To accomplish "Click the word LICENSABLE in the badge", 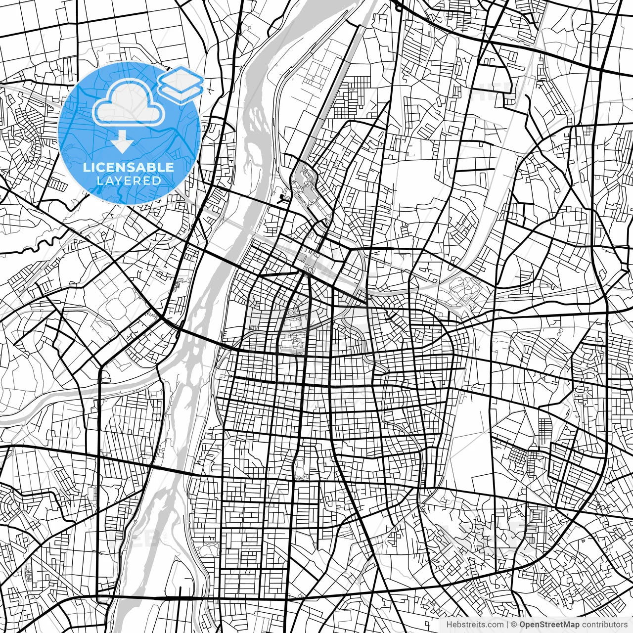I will pyautogui.click(x=129, y=167).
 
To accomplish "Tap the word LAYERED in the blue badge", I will pyautogui.click(x=129, y=181).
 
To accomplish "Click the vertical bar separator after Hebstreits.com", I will pyautogui.click(x=507, y=625).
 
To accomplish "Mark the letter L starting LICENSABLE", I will pyautogui.click(x=86, y=167).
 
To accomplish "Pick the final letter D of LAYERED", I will pyautogui.click(x=157, y=181).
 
